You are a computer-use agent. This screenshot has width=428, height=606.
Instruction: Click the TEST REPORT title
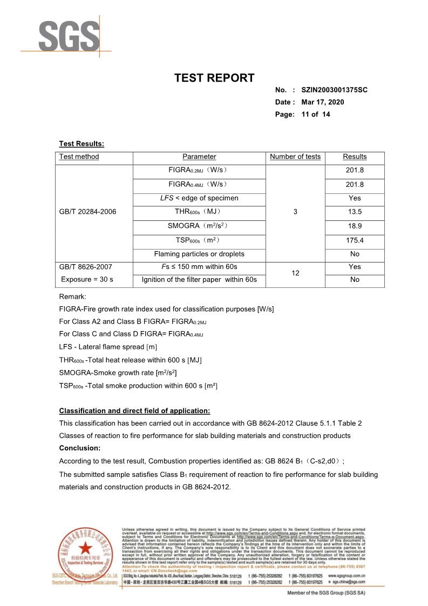214,78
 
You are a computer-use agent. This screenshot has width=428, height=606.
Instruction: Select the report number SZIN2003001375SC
334,90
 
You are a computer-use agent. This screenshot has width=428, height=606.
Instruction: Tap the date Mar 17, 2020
322,102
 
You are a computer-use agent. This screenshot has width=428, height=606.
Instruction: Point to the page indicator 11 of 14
316,115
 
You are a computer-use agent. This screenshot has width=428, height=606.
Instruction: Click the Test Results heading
81,144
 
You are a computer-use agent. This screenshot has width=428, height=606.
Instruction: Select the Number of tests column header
295,157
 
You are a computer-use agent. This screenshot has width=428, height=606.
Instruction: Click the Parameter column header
199,157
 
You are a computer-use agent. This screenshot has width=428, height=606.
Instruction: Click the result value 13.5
355,212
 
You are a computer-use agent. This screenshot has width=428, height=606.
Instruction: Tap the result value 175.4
355,240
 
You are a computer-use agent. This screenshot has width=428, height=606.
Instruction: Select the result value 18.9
355,226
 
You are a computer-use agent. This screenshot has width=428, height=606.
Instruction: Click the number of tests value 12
295,273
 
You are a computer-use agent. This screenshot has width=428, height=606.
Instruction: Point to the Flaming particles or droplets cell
199,254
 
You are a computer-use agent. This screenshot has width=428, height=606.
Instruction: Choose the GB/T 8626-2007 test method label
86,267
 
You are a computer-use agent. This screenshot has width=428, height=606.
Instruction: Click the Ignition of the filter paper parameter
199,280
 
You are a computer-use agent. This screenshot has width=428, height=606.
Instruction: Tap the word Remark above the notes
72,297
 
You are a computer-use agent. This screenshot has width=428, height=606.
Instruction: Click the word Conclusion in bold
80,448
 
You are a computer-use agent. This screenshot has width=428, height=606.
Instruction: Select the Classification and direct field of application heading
134,411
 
